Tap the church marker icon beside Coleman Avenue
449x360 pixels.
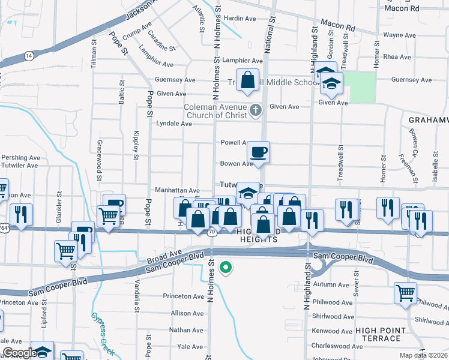[x=256, y=110]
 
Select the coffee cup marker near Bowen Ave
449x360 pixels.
[x=259, y=152]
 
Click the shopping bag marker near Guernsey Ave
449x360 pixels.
[x=247, y=80]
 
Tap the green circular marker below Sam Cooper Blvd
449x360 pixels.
[x=226, y=268]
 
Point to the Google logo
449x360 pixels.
[x=20, y=353]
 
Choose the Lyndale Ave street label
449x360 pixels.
[x=173, y=124]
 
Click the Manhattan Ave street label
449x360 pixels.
[x=177, y=190]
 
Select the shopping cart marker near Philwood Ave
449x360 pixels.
[x=405, y=293]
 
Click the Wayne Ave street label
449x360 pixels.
[x=400, y=35]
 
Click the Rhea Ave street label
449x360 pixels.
[x=399, y=57]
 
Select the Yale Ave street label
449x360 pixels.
[x=190, y=347]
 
